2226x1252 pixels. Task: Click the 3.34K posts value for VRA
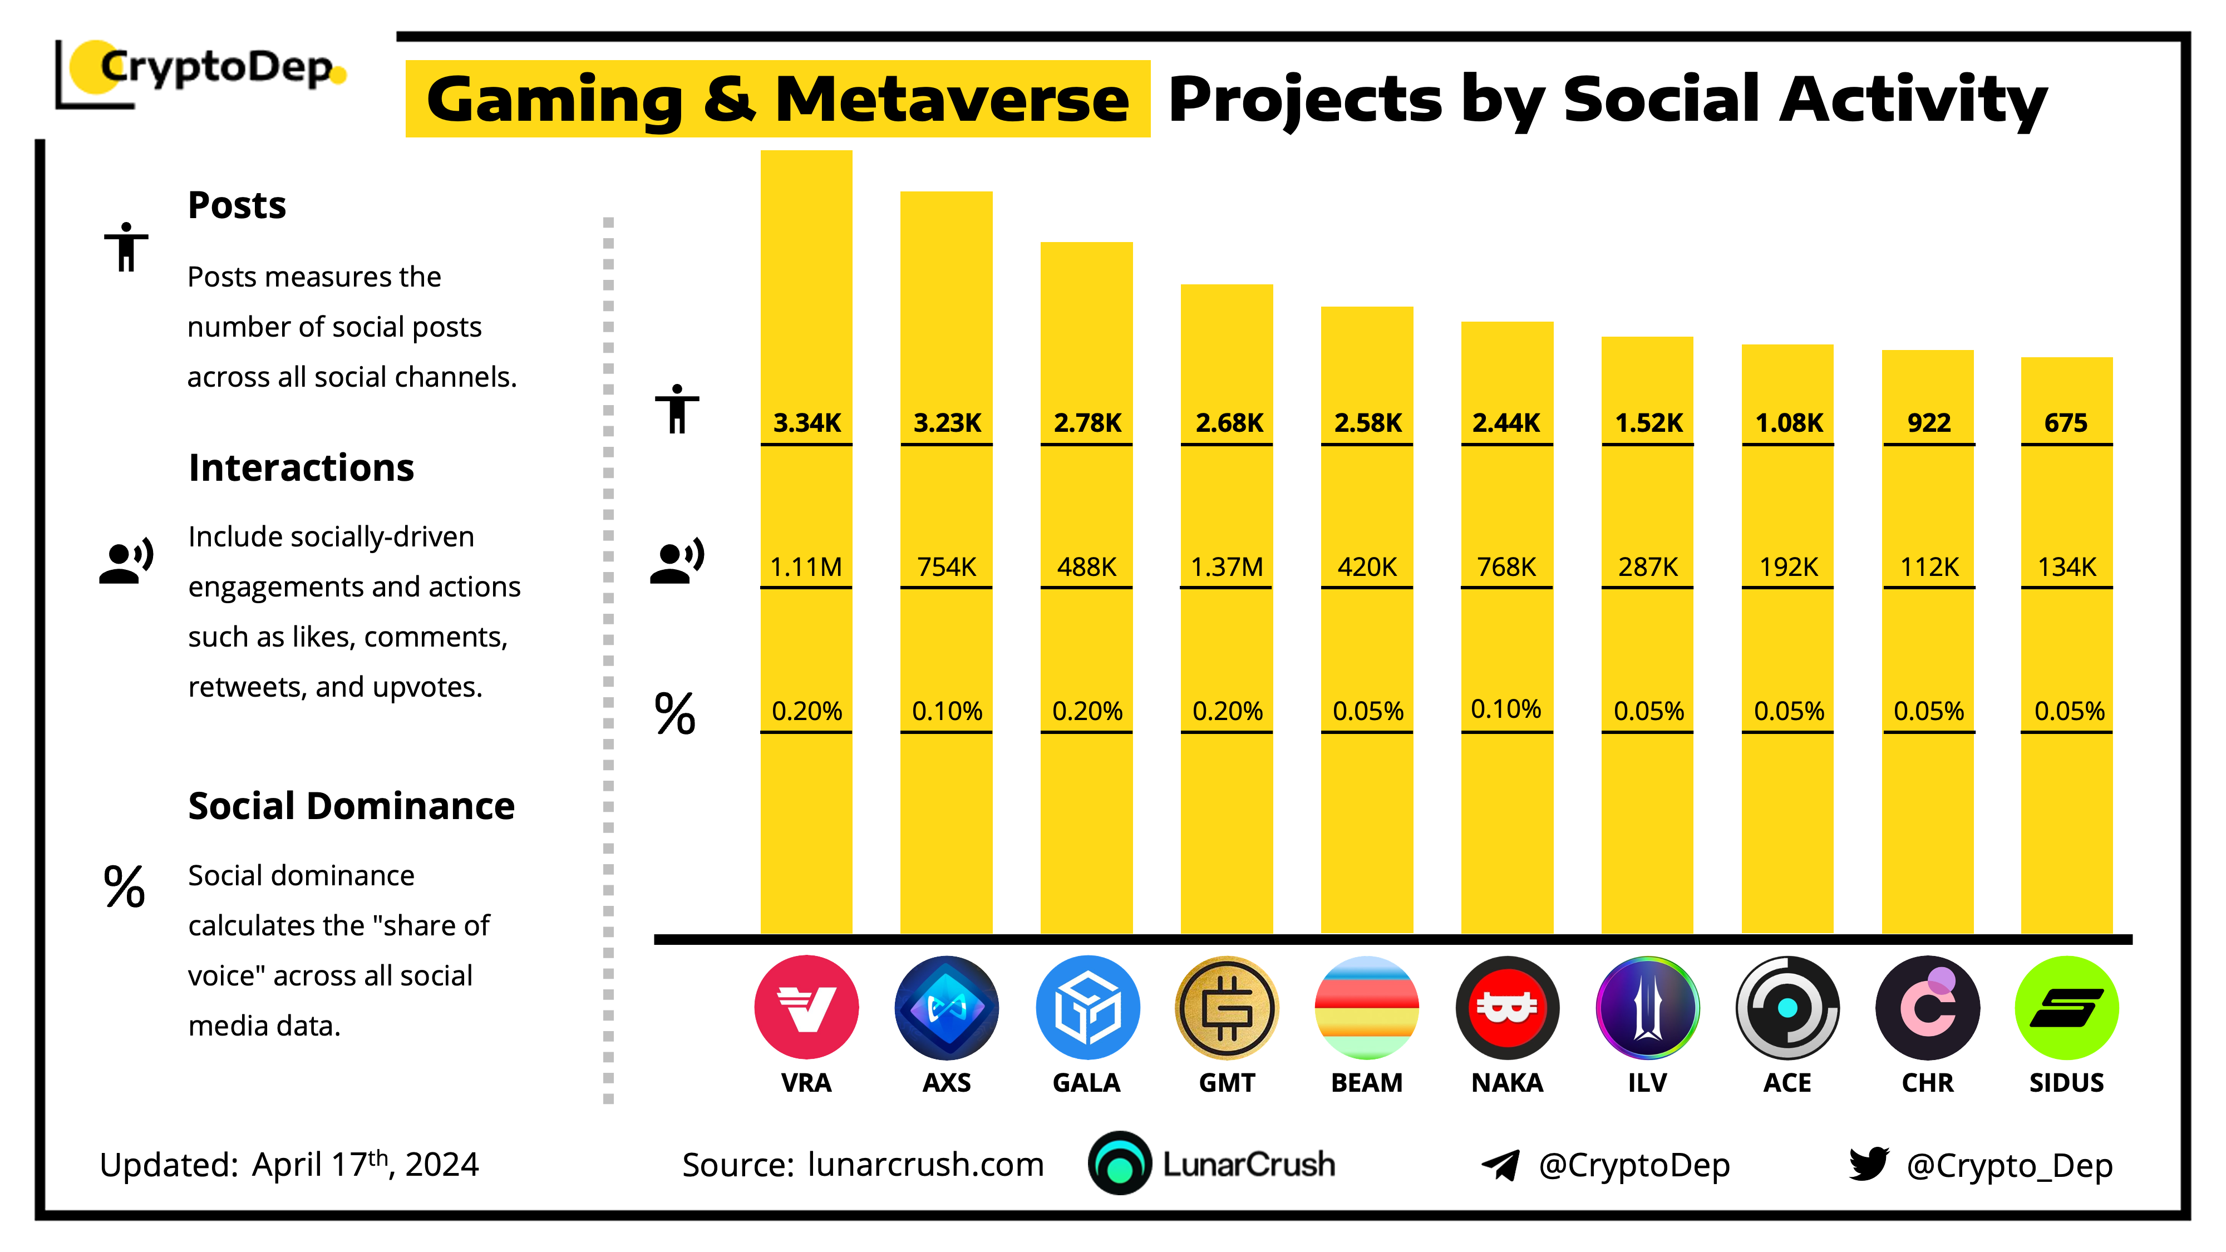point(806,422)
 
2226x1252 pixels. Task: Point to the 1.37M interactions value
point(1226,567)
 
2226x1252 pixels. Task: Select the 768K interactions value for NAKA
point(1506,567)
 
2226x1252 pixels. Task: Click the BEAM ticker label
point(1366,1083)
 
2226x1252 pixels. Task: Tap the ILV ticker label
point(1647,1083)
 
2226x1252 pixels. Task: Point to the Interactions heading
point(301,467)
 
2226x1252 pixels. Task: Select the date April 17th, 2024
point(365,1164)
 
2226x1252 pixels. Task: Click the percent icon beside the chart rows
point(675,714)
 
